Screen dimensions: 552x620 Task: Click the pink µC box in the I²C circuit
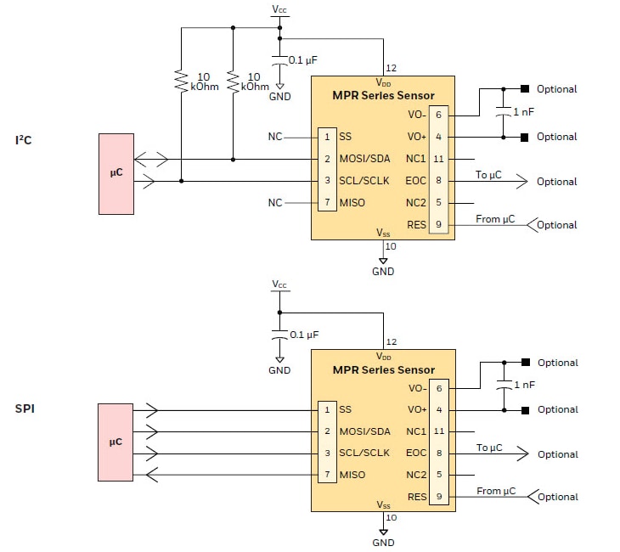pos(116,172)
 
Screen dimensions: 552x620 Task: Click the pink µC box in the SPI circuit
pos(116,442)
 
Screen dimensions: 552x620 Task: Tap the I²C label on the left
pos(23,139)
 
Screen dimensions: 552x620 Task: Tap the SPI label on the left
pos(25,408)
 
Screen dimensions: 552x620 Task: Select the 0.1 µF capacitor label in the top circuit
pos(304,60)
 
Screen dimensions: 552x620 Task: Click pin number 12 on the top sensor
pos(391,69)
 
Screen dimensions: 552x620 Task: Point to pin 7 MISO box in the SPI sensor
pos(326,475)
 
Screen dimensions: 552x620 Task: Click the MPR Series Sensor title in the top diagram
pos(383,96)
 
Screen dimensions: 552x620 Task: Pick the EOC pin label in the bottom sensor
pos(416,453)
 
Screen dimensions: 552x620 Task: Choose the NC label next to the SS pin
pos(274,136)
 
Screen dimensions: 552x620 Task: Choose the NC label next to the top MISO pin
pos(274,203)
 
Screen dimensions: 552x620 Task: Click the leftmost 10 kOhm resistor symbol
pos(181,82)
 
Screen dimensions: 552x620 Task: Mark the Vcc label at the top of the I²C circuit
pos(279,9)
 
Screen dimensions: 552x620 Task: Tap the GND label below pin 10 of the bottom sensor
pos(383,543)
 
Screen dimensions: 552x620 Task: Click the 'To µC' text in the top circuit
pos(488,175)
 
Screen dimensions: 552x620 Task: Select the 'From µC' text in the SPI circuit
pos(495,491)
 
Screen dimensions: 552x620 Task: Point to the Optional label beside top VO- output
pos(556,89)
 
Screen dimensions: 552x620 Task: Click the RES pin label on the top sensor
pos(416,225)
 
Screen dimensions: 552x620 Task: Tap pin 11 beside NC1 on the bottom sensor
pos(438,431)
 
